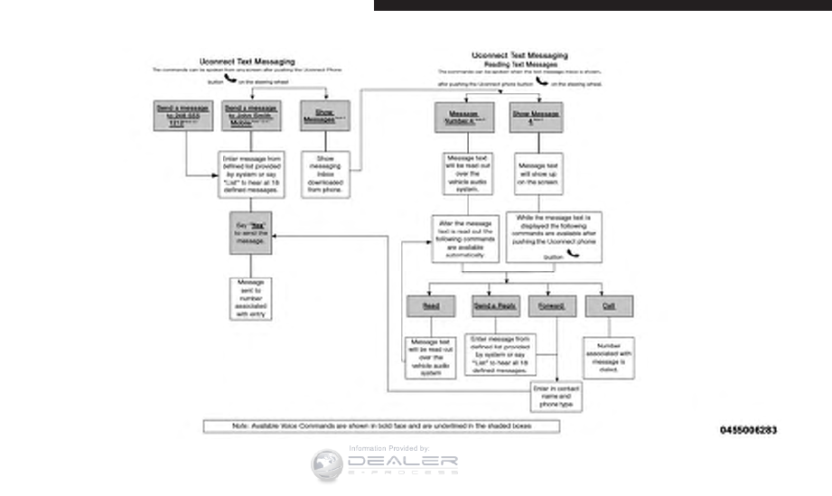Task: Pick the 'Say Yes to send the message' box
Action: [x=250, y=233]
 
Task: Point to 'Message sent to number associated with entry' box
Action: [x=250, y=298]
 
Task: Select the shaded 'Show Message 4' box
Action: [x=536, y=117]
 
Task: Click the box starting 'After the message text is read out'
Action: [x=465, y=238]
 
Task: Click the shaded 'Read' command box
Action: [x=430, y=306]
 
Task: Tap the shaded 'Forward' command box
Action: [x=551, y=306]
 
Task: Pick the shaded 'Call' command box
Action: [x=608, y=306]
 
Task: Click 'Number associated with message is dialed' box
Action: [x=607, y=357]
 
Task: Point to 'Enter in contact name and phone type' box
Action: [x=556, y=396]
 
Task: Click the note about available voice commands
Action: [x=381, y=426]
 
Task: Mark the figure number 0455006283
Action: [x=748, y=431]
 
